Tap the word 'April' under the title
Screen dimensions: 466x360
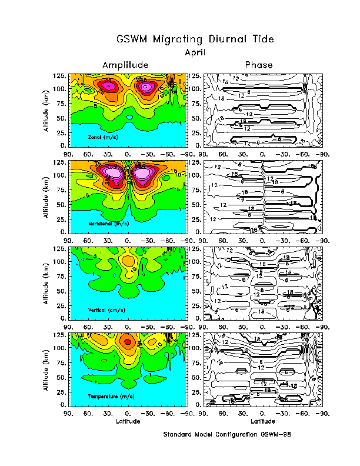[195, 52]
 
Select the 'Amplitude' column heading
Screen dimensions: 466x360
[125, 65]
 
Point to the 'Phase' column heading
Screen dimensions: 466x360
[259, 65]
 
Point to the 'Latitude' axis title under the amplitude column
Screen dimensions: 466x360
[128, 421]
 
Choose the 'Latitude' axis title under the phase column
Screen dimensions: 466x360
[262, 421]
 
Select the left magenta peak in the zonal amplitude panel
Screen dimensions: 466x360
[110, 85]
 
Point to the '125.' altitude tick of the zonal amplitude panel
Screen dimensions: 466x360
[59, 76]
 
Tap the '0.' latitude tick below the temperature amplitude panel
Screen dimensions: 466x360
[128, 413]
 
